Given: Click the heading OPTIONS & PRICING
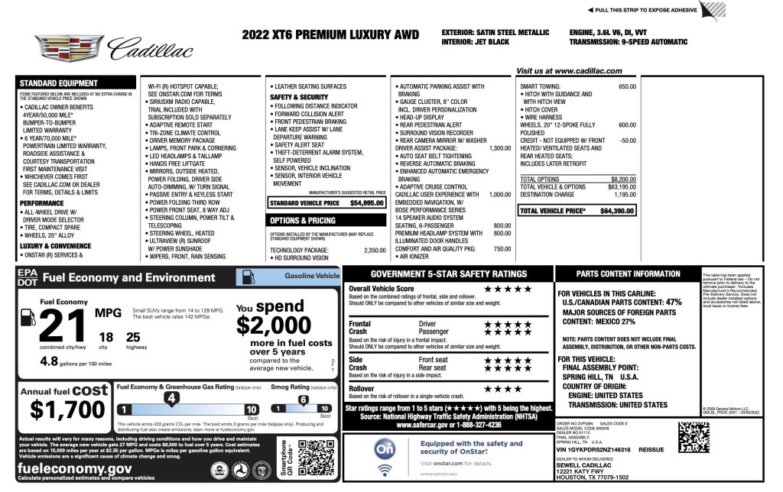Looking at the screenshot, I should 302,221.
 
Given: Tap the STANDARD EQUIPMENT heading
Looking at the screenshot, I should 54,83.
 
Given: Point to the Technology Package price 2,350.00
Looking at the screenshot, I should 374,251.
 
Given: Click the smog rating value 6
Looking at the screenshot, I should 303,399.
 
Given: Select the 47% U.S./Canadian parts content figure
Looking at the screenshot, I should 673,302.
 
